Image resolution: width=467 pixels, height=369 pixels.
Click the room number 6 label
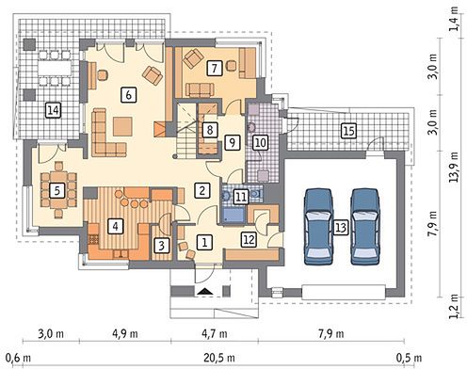pyautogui.click(x=129, y=94)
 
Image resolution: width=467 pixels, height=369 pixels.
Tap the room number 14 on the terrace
pyautogui.click(x=53, y=110)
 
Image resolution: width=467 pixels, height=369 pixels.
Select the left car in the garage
pyautogui.click(x=318, y=227)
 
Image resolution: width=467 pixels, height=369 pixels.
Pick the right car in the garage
pyautogui.click(x=365, y=227)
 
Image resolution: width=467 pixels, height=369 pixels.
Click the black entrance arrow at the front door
pyautogui.click(x=205, y=292)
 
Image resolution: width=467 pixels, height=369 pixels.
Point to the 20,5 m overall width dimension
pyautogui.click(x=219, y=358)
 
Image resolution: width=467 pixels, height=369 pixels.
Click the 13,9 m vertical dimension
pyautogui.click(x=454, y=168)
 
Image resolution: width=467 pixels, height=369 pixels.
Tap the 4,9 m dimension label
pyautogui.click(x=125, y=333)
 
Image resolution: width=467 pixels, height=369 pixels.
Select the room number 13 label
pyautogui.click(x=341, y=227)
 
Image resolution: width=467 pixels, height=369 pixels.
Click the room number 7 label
pyautogui.click(x=215, y=68)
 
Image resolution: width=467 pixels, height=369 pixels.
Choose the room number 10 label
pyautogui.click(x=261, y=143)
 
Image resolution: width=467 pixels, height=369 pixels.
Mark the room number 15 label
pyautogui.click(x=349, y=130)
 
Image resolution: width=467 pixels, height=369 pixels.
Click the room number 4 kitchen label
pyautogui.click(x=116, y=226)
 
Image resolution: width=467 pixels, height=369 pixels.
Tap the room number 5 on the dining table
pyautogui.click(x=57, y=190)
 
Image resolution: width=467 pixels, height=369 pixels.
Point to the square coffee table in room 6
pyautogui.click(x=122, y=126)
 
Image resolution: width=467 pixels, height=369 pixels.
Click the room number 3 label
pyautogui.click(x=162, y=245)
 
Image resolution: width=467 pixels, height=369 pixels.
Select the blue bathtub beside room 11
pyautogui.click(x=233, y=216)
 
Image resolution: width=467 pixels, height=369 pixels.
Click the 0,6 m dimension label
pyautogui.click(x=18, y=358)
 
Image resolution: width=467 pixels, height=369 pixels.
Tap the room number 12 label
pyautogui.click(x=249, y=240)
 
